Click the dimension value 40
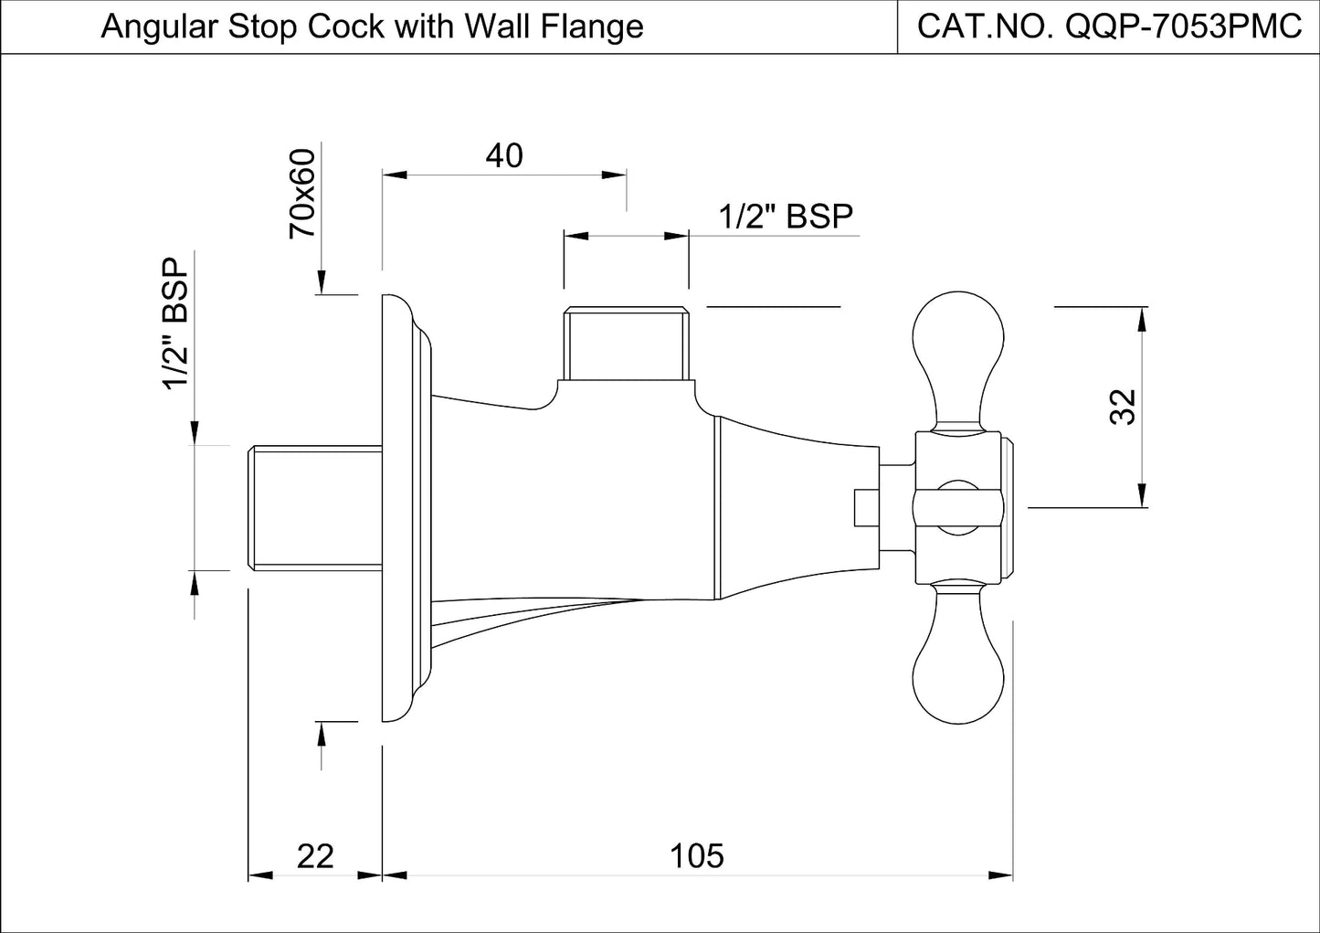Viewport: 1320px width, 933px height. pos(504,156)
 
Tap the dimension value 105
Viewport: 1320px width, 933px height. pos(697,856)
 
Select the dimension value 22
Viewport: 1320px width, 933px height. pos(315,856)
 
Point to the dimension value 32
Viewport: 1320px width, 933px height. pos(1123,407)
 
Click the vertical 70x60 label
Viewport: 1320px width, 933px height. pos(301,194)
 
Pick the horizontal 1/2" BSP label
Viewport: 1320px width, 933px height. pos(786,217)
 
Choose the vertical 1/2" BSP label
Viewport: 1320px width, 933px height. pos(175,323)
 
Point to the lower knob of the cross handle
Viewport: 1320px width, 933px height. pos(958,667)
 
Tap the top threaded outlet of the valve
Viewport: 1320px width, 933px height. pos(626,343)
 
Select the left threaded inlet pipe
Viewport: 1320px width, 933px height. pos(315,507)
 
